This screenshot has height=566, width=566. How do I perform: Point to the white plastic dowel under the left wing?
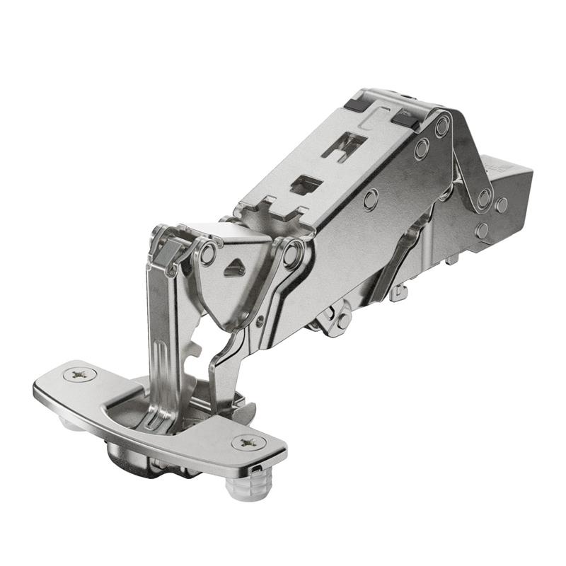[x=68, y=424]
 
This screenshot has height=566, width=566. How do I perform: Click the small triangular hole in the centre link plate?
[x=234, y=268]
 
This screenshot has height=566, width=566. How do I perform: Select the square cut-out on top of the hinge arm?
[x=306, y=185]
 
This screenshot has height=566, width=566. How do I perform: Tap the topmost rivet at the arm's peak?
[x=443, y=127]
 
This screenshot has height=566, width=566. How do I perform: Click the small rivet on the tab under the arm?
[x=343, y=319]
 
